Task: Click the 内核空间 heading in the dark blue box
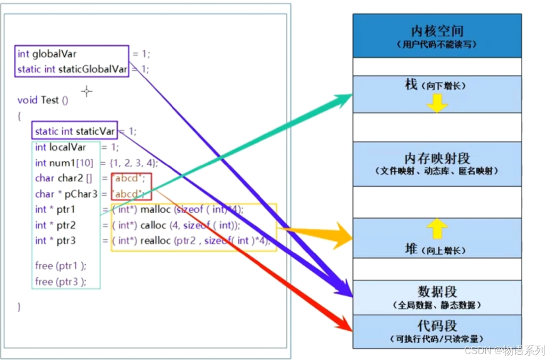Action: point(437,30)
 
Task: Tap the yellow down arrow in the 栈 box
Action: point(437,104)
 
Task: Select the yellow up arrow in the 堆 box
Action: point(437,228)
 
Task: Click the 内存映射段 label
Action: point(437,158)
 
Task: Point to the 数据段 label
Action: point(437,291)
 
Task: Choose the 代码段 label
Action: point(437,325)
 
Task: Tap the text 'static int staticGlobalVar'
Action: point(72,69)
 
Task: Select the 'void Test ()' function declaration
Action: point(43,100)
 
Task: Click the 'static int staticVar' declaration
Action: point(75,131)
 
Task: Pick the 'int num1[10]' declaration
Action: point(64,163)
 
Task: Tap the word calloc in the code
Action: point(154,225)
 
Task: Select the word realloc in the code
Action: point(155,241)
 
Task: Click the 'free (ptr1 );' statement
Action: point(60,265)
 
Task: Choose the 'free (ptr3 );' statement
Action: point(60,281)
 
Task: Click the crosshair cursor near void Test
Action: point(87,91)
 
